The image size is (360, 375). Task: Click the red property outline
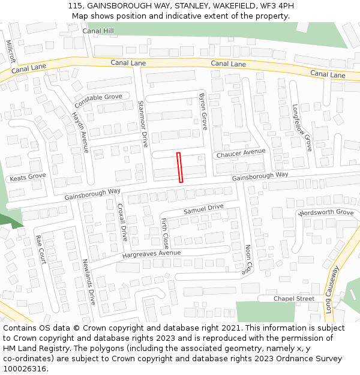tap(179, 167)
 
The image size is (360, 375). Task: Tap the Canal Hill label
tap(98, 31)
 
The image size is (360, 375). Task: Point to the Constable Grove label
tap(98, 97)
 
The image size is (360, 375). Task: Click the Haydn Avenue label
tap(80, 132)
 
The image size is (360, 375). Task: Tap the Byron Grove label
tap(203, 112)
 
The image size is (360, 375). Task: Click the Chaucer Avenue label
tap(241, 154)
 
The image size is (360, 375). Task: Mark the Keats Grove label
tap(28, 178)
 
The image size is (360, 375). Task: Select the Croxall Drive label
tap(122, 221)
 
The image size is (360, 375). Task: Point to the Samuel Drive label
tap(203, 209)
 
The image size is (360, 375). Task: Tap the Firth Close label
tap(165, 233)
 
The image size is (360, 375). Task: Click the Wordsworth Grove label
tap(326, 213)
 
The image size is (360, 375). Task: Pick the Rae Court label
tap(41, 248)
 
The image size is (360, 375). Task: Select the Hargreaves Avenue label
tap(151, 254)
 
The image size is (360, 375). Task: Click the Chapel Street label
tap(294, 299)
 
